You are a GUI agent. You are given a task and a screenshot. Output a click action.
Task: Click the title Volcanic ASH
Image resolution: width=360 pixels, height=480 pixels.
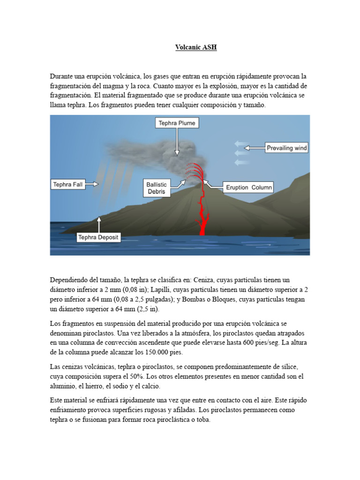196,47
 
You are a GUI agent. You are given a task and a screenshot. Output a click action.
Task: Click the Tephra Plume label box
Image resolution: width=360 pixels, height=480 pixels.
177,123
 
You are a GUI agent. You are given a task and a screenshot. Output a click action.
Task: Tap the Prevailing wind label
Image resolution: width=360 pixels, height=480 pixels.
286,148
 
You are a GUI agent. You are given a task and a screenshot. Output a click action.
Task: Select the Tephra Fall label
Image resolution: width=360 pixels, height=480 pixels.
68,185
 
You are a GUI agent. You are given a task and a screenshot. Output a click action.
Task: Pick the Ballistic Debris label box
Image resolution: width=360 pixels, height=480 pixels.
156,188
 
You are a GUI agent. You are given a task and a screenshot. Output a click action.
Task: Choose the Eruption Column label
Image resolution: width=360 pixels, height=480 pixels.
248,187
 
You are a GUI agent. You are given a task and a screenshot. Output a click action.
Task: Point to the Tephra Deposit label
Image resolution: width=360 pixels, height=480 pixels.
98,238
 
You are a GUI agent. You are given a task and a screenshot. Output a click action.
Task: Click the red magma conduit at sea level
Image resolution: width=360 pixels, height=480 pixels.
203,227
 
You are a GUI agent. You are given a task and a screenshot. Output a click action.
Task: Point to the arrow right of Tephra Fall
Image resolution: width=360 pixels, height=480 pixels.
92,185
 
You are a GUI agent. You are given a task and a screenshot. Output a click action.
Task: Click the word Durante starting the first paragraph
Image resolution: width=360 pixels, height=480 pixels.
62,76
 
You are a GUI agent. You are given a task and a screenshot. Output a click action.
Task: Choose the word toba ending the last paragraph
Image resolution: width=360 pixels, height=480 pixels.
204,420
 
